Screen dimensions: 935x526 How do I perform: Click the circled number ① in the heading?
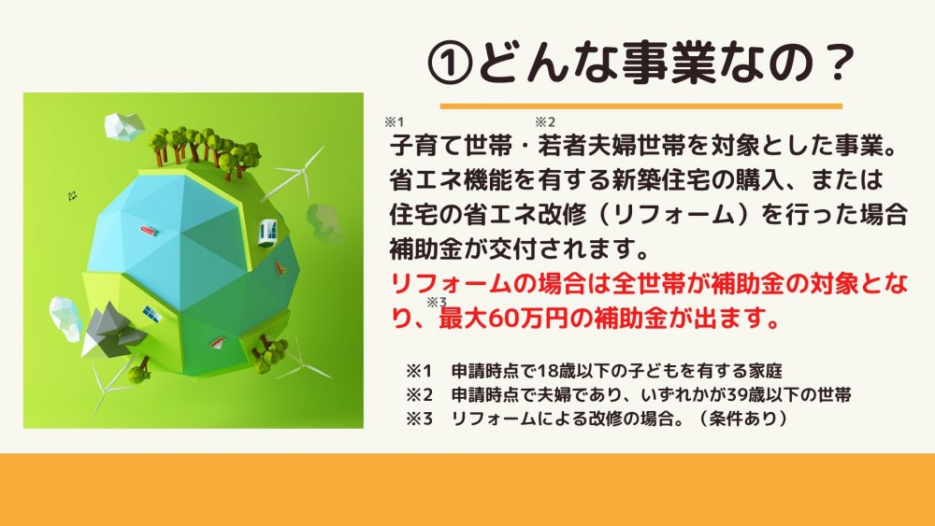point(451,63)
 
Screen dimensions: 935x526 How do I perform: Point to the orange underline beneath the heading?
point(641,106)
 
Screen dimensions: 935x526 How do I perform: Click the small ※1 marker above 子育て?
point(395,122)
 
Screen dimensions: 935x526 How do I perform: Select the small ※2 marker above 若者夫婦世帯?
point(545,122)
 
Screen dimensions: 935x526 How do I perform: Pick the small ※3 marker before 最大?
point(437,302)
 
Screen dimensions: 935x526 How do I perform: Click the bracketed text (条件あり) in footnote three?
point(741,419)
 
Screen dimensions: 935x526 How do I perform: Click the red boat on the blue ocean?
point(148,230)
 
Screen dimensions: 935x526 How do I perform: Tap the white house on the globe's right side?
point(267,233)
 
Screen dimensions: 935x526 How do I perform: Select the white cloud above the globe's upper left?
point(123,126)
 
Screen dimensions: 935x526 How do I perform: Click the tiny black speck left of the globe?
point(73,195)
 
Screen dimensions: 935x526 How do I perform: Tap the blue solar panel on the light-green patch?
point(151,313)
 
